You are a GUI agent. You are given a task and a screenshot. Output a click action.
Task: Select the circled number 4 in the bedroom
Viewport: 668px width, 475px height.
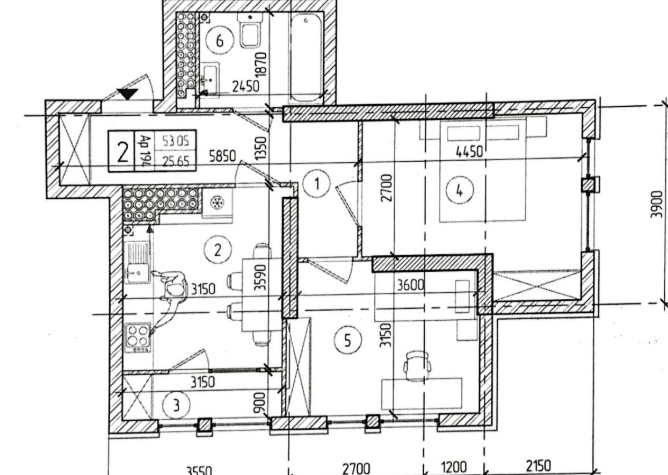point(459,190)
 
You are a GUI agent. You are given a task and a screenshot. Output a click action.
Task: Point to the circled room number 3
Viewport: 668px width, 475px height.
point(176,406)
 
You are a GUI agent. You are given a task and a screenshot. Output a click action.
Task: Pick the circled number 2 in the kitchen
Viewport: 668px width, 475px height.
point(217,249)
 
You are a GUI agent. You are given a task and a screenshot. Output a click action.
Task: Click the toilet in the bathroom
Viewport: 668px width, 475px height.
point(250,30)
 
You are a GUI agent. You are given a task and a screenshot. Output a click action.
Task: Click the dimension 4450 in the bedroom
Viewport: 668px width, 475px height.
point(469,153)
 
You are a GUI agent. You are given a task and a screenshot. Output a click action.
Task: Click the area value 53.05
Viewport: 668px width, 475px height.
point(176,141)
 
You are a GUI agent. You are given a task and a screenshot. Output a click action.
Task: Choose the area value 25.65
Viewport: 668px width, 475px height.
point(176,160)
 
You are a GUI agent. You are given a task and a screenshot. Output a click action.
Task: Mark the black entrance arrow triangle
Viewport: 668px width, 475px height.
point(128,94)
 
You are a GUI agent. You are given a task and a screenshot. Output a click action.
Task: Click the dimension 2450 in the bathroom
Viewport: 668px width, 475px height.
point(245,85)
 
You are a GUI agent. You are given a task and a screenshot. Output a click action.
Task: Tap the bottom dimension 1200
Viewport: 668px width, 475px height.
point(454,467)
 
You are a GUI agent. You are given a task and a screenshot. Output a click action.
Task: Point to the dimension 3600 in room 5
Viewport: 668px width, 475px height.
point(411,286)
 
